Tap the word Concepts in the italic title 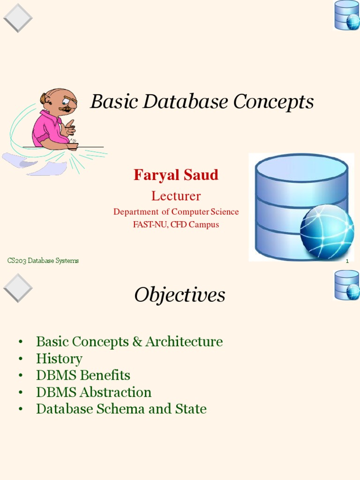click(x=274, y=102)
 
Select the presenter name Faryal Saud click(x=176, y=175)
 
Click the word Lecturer click(x=176, y=196)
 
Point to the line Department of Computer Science click(x=176, y=212)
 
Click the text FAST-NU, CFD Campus click(x=176, y=225)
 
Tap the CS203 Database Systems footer click(x=43, y=261)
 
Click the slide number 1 click(x=347, y=261)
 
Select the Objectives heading click(x=180, y=295)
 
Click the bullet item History click(x=59, y=359)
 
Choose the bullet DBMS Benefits click(x=83, y=375)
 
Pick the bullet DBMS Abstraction click(x=94, y=392)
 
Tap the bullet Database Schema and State click(x=121, y=409)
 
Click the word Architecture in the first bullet click(x=184, y=342)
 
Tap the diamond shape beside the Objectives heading click(x=18, y=288)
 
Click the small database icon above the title click(x=347, y=15)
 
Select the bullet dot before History click(x=21, y=359)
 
